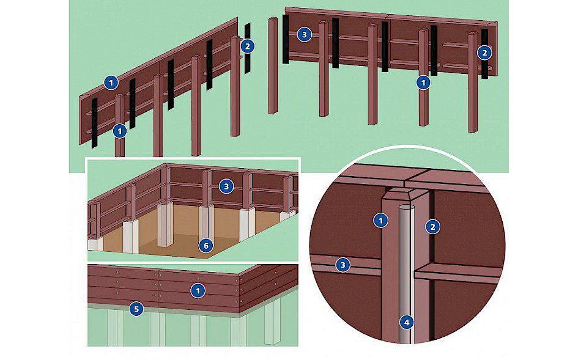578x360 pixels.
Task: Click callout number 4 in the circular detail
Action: coord(407,323)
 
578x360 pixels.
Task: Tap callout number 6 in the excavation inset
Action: coord(206,246)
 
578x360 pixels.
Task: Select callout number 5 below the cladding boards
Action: coord(136,309)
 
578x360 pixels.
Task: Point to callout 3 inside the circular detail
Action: coord(343,265)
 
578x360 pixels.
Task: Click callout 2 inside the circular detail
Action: coord(433,227)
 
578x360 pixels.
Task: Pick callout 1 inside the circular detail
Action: coord(381,221)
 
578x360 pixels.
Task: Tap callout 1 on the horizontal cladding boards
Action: coord(198,291)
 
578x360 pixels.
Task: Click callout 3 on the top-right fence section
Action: coord(304,35)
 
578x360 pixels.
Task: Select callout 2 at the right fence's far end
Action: coord(484,53)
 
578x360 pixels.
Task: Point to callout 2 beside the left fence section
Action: coord(248,46)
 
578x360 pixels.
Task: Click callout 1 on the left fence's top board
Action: coord(111,83)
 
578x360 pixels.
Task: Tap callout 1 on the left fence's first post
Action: coord(120,131)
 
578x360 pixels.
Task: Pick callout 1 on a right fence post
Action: coord(423,83)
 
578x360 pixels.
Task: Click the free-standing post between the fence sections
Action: coord(273,65)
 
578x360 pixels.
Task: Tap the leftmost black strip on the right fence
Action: coord(286,39)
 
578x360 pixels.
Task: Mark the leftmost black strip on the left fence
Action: coord(94,123)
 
